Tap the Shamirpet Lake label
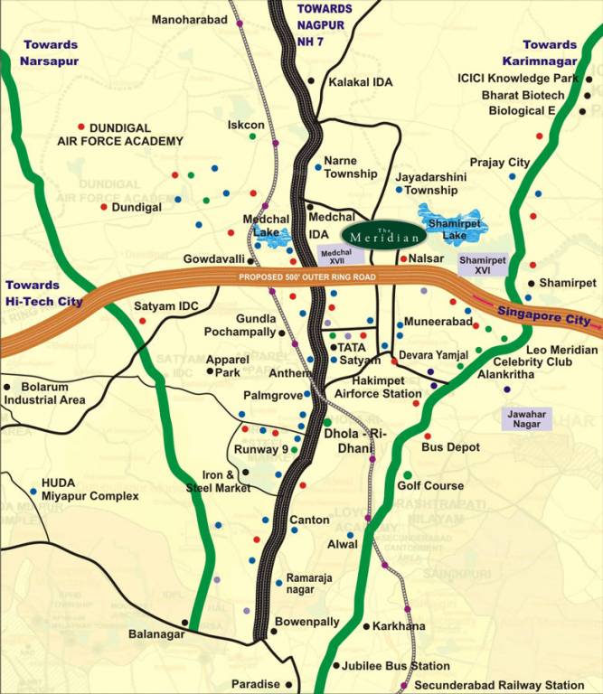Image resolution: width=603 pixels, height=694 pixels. click(448, 228)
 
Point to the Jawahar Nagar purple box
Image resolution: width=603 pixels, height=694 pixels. click(527, 417)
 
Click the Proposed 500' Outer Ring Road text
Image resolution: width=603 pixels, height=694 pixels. click(301, 277)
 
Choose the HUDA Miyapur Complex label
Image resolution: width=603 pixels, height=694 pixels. click(90, 490)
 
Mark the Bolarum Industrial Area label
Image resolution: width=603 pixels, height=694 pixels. click(45, 393)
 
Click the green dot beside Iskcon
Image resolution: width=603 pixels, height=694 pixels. click(252, 136)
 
